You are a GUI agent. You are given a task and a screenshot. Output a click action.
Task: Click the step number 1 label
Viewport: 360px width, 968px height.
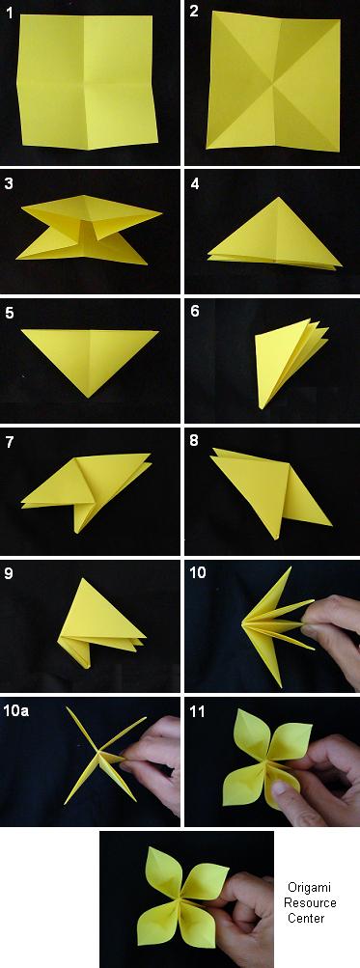pos(10,13)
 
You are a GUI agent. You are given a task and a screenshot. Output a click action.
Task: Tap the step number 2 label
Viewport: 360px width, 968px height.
pos(195,12)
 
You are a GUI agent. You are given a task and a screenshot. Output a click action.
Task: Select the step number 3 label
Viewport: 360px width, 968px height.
pos(9,184)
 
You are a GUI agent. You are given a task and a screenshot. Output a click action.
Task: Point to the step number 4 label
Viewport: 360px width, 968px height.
pos(195,184)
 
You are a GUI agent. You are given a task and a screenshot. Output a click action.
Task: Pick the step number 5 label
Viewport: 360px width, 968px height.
pos(9,313)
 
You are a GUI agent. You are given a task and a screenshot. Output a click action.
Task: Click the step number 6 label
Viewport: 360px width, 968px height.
pos(195,311)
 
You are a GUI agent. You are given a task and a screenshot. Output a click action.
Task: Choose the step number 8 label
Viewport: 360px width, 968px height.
pos(195,441)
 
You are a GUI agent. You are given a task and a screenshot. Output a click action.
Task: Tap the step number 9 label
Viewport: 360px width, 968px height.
pos(9,573)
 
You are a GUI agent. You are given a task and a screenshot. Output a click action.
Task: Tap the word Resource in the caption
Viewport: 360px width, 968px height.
pos(310,902)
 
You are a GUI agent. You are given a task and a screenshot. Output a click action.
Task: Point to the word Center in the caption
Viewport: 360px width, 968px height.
pos(306,918)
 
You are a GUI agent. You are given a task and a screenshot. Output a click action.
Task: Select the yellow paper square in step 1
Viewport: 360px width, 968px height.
pos(87,81)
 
